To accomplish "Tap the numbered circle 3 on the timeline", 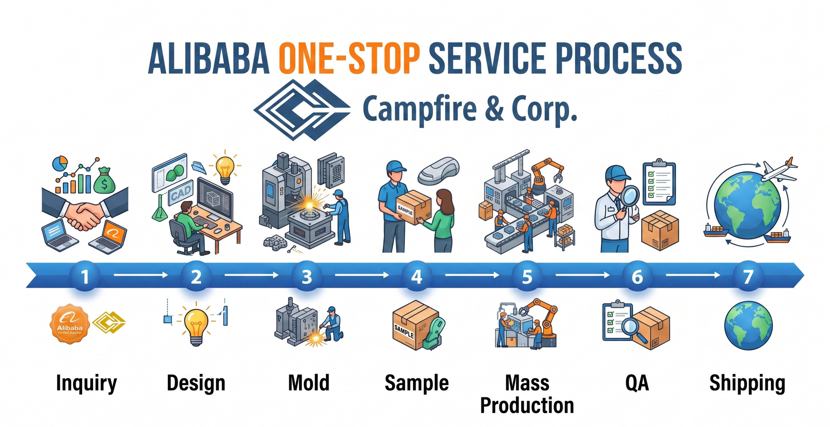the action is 306,277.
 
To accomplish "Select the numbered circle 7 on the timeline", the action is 748,277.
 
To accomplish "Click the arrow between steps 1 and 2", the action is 141,275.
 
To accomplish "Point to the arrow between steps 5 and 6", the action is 582,275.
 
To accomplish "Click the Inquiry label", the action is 86,383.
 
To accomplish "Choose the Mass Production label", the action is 527,394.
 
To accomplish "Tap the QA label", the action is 637,383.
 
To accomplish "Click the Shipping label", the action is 747,383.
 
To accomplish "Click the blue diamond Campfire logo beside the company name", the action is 302,110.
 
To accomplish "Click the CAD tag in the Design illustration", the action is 181,194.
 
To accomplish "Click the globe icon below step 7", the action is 748,326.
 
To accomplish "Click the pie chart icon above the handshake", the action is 60,164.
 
